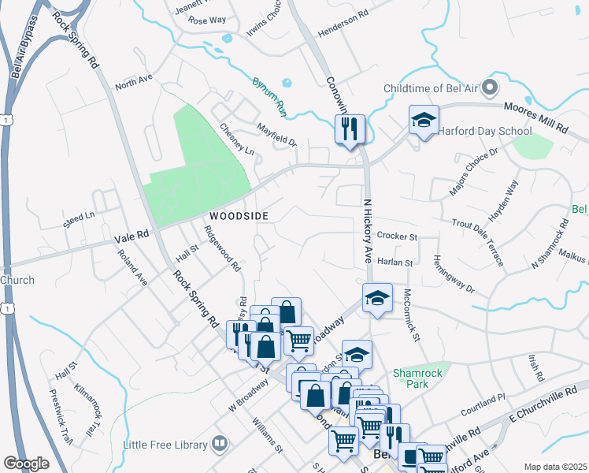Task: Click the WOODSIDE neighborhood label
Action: tap(239, 215)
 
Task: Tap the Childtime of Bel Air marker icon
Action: tap(490, 88)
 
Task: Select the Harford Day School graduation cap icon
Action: tap(424, 121)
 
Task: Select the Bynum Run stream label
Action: tap(269, 93)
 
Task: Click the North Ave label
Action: tap(132, 82)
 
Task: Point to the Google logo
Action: tap(27, 464)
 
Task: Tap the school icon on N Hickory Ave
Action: tap(377, 297)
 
